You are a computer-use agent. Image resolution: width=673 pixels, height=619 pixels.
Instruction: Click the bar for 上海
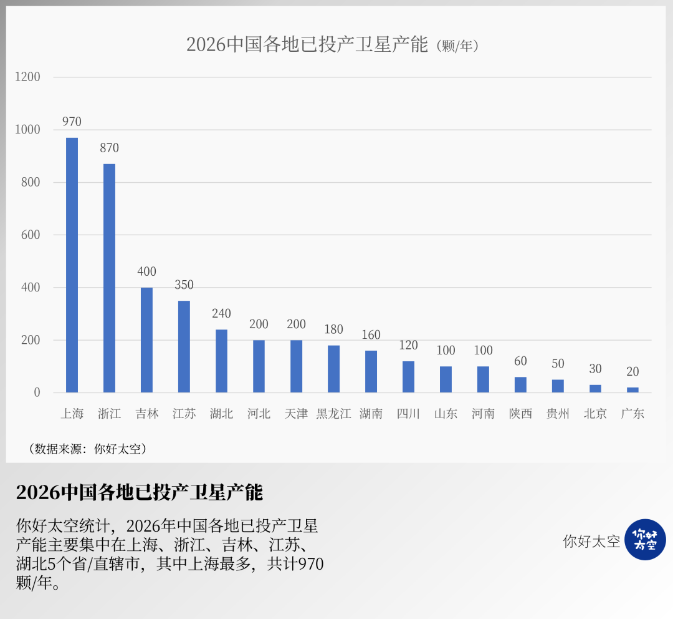click(x=72, y=265)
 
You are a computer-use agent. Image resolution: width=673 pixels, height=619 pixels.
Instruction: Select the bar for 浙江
click(x=109, y=278)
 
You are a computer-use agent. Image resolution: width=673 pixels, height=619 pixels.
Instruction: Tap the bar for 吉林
click(x=146, y=340)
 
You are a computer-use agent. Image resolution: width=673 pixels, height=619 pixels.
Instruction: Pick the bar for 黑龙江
click(x=333, y=369)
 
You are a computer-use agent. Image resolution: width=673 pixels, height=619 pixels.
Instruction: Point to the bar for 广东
click(x=632, y=390)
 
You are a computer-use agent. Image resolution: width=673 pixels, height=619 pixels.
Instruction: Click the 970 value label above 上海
click(x=72, y=122)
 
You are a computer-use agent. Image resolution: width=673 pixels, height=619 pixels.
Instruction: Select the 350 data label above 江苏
click(x=184, y=285)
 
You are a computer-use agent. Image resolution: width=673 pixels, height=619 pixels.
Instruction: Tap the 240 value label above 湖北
click(x=221, y=314)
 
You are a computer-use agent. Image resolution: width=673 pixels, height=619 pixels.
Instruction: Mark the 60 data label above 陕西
click(x=520, y=361)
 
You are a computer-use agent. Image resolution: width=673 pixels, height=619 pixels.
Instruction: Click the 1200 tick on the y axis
click(x=27, y=77)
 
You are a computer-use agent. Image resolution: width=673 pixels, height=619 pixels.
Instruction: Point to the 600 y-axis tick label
click(x=30, y=235)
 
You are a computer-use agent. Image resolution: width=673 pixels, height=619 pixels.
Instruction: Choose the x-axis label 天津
click(x=296, y=414)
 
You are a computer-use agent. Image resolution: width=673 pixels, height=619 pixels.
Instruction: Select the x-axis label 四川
click(x=408, y=414)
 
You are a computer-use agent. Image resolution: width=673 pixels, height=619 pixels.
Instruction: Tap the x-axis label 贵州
click(x=558, y=414)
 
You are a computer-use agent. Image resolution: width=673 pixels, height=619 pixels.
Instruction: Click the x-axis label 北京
click(x=595, y=414)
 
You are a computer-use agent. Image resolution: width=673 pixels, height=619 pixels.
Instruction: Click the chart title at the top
click(x=333, y=45)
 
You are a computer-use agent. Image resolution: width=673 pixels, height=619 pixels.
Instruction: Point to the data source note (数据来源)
click(x=88, y=449)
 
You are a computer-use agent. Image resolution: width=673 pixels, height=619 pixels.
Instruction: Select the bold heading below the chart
click(x=140, y=492)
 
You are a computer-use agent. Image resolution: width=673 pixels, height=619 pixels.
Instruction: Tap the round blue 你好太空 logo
click(x=645, y=540)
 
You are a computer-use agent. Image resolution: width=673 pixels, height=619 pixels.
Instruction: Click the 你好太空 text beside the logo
click(x=591, y=541)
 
